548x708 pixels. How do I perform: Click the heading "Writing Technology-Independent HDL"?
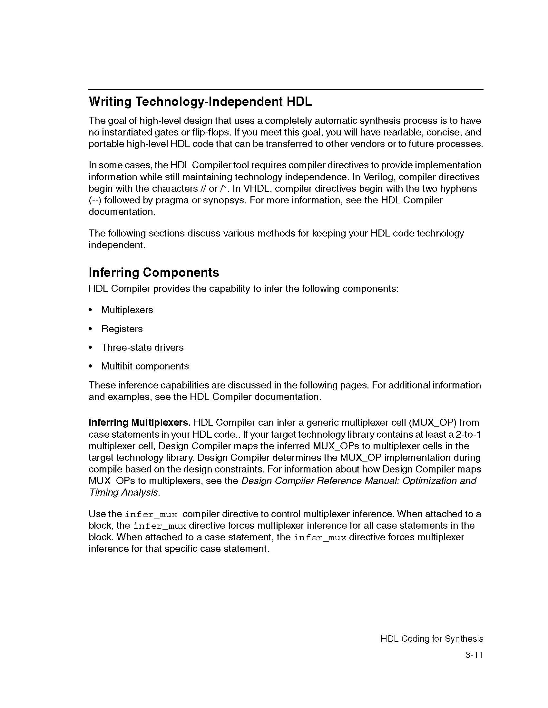[x=200, y=102]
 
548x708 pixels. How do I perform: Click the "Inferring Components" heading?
[x=154, y=273]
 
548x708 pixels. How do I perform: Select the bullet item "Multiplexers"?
[x=127, y=310]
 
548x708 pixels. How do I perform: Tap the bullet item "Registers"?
[x=122, y=329]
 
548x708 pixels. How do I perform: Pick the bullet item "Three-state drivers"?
[x=142, y=348]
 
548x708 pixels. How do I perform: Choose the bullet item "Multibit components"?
[x=145, y=366]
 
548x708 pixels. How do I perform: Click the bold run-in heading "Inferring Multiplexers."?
[x=140, y=423]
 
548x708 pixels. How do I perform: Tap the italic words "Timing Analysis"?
[x=124, y=492]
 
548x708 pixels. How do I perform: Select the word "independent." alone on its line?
[x=117, y=245]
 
